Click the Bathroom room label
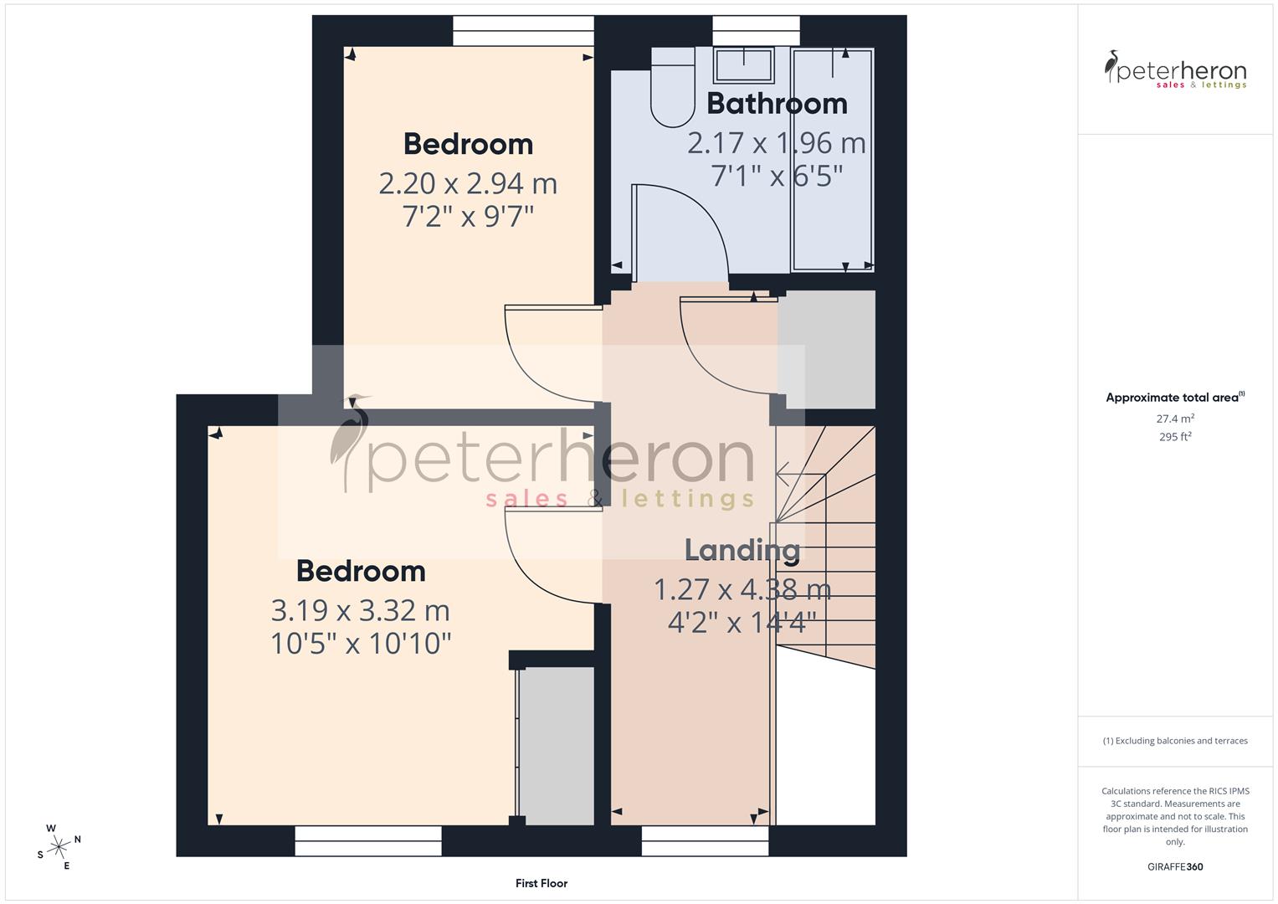point(777,104)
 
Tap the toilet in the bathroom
point(673,92)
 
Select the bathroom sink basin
point(743,64)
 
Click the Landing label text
point(742,551)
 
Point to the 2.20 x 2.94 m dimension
point(468,183)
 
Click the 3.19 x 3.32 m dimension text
point(360,610)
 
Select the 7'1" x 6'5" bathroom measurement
point(777,176)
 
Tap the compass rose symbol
point(59,846)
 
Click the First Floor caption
point(541,883)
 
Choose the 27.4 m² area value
point(1175,419)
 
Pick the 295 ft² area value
point(1175,437)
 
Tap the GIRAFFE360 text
point(1175,866)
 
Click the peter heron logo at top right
point(1175,70)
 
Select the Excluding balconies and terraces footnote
point(1175,741)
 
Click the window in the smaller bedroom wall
point(523,31)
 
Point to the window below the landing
point(705,840)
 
